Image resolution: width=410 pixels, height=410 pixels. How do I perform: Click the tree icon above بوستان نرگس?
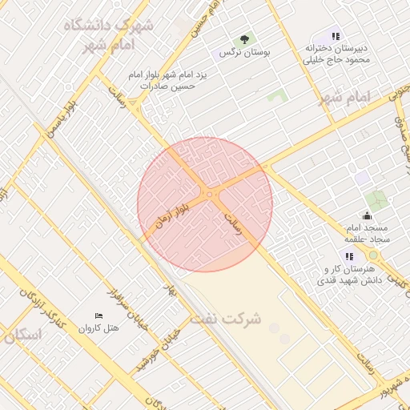[x=243, y=39]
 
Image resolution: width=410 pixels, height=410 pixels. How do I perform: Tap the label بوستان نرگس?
[x=244, y=52]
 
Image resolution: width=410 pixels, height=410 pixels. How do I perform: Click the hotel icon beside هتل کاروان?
[x=99, y=317]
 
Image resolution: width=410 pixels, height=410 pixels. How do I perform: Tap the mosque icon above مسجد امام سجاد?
[x=367, y=215]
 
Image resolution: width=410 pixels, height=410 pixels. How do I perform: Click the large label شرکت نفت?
[x=226, y=319]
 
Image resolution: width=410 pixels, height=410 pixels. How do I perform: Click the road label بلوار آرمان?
[x=169, y=215]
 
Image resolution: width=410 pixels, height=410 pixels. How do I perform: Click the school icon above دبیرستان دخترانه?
[x=336, y=36]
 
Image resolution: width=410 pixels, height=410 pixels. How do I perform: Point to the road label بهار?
[x=171, y=293]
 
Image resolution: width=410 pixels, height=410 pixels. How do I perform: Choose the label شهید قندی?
[x=337, y=281]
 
